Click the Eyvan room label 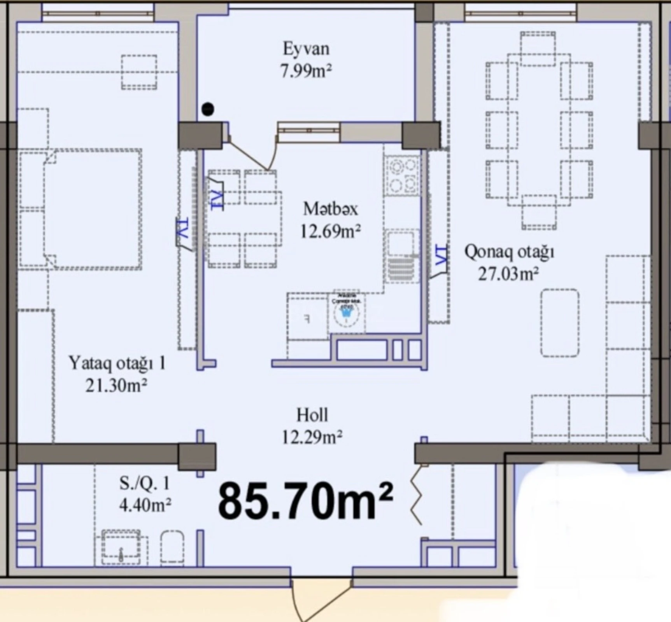pyautogui.click(x=306, y=49)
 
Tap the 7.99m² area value pyautogui.click(x=306, y=71)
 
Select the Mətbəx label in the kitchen pyautogui.click(x=330, y=209)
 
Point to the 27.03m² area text pyautogui.click(x=508, y=274)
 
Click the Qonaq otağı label pyautogui.click(x=509, y=252)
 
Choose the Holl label pyautogui.click(x=312, y=415)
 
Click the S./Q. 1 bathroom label pyautogui.click(x=144, y=483)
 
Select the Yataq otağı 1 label pyautogui.click(x=117, y=363)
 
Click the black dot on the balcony pyautogui.click(x=208, y=110)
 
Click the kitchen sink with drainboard pyautogui.click(x=402, y=257)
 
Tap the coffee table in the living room pyautogui.click(x=560, y=323)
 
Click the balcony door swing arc pyautogui.click(x=253, y=155)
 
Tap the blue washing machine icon pyautogui.click(x=346, y=313)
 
